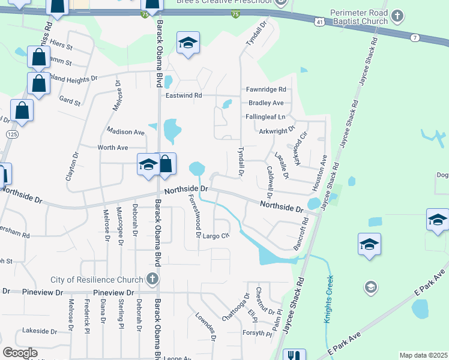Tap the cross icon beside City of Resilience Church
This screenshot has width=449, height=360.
(x=152, y=279)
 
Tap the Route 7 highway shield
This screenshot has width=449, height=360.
(x=415, y=38)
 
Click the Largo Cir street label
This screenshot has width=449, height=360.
(x=216, y=235)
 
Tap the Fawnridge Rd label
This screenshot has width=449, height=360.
(x=266, y=89)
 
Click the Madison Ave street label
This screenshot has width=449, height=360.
(x=125, y=131)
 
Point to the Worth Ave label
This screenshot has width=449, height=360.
(x=113, y=147)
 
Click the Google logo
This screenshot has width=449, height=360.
(x=20, y=353)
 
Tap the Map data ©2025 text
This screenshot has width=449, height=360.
(x=424, y=355)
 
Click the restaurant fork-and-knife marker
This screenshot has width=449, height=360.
(x=294, y=355)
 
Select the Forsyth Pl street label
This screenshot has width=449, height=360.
(x=258, y=333)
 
